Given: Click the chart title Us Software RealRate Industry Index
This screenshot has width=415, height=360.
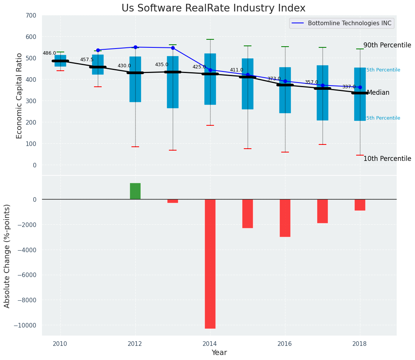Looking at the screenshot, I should coord(213,8).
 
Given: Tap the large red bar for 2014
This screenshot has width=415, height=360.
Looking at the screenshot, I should coord(210,264).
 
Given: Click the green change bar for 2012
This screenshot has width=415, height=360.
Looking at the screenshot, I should coord(135,191).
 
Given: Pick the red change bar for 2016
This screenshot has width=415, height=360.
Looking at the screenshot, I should coord(285,218).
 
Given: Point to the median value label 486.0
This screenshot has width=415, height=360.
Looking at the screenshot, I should coord(49,54).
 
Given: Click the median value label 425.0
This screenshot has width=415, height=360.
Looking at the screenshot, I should coord(199,67).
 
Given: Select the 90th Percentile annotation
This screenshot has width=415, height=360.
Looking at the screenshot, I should coord(387,45).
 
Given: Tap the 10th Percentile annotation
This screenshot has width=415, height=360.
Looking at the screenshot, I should coord(387,159).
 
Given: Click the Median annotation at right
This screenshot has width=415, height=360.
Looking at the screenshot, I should coord(378,93).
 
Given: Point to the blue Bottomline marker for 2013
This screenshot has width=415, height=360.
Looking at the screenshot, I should coord(173,48).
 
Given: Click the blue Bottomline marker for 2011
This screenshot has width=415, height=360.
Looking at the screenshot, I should coord(98,50).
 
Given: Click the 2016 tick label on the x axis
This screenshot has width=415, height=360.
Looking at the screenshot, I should coord(285,344).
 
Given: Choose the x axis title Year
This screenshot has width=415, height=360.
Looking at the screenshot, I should coord(219,353).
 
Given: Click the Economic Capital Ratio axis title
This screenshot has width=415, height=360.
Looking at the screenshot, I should coord(19,95).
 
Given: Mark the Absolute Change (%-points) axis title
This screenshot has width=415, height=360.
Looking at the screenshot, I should coord(7,256).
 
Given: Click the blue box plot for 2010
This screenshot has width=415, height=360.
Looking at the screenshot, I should coord(60,61).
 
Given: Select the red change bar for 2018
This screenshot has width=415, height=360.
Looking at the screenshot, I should coord(360,205).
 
